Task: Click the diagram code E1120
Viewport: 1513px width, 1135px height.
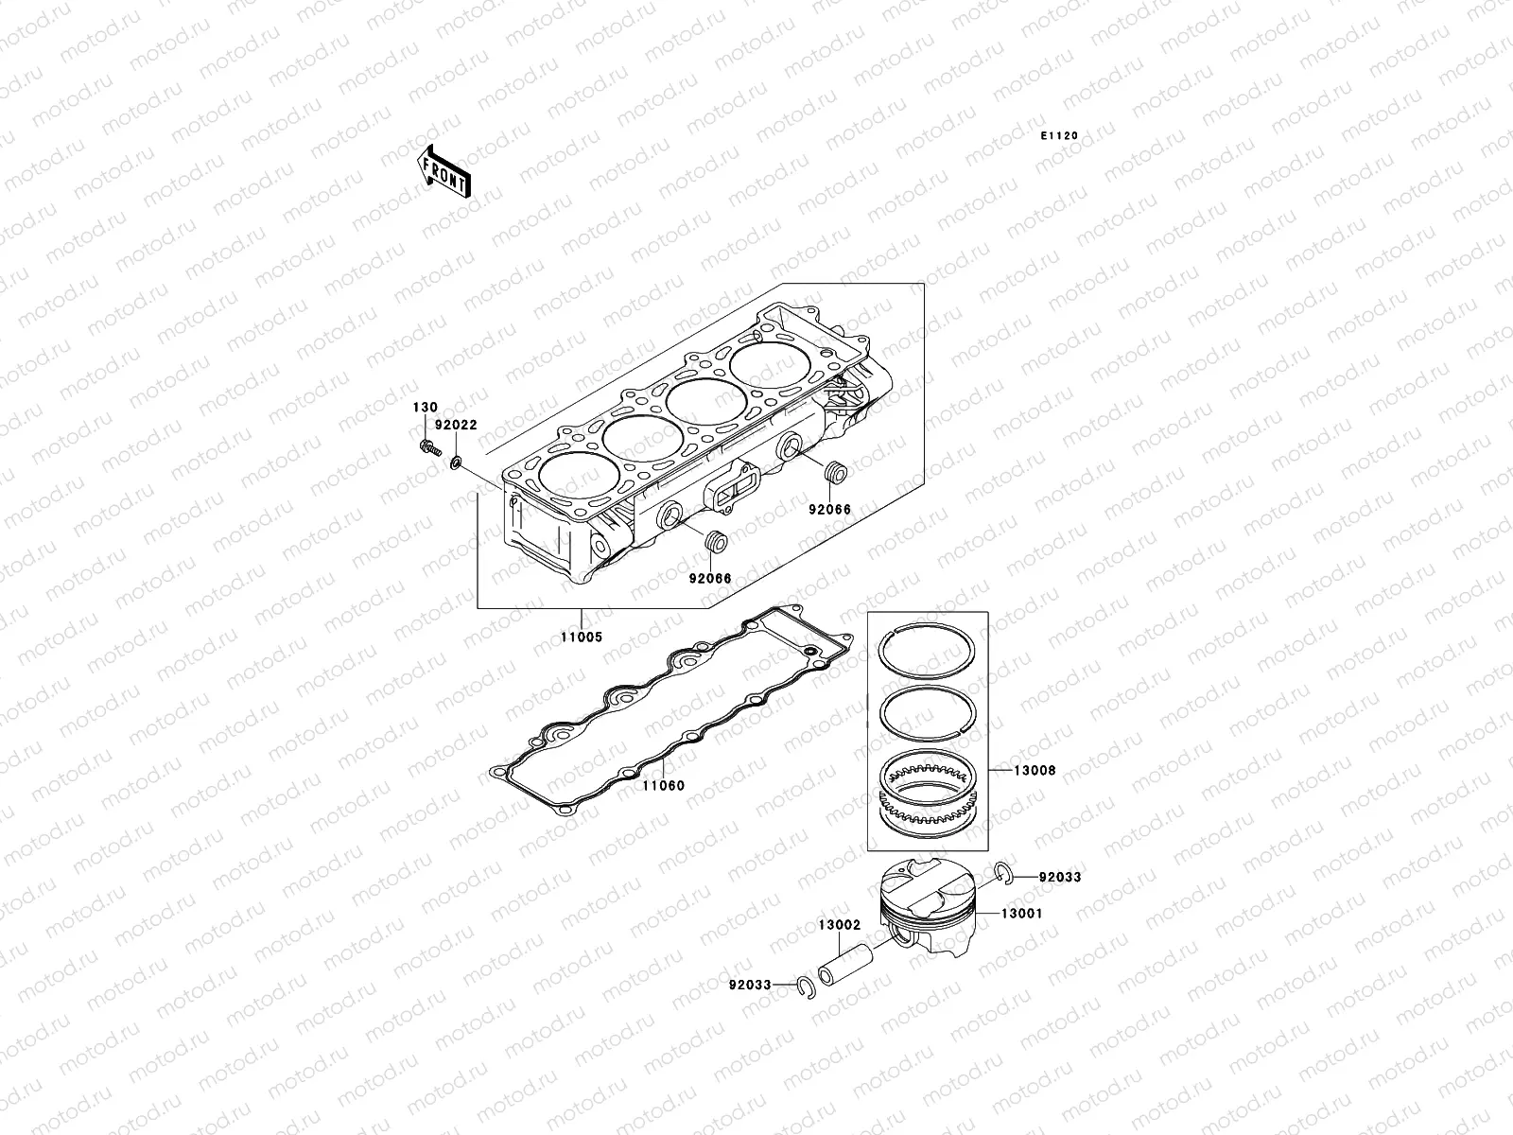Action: [x=1059, y=136]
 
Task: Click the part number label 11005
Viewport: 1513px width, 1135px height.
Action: [x=580, y=637]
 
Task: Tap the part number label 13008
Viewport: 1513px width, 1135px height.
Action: [x=1035, y=771]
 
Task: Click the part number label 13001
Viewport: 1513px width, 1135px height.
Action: [x=1023, y=914]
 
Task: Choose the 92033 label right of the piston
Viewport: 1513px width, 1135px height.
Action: [x=1059, y=877]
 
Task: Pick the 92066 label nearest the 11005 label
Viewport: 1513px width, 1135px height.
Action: [x=709, y=578]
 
